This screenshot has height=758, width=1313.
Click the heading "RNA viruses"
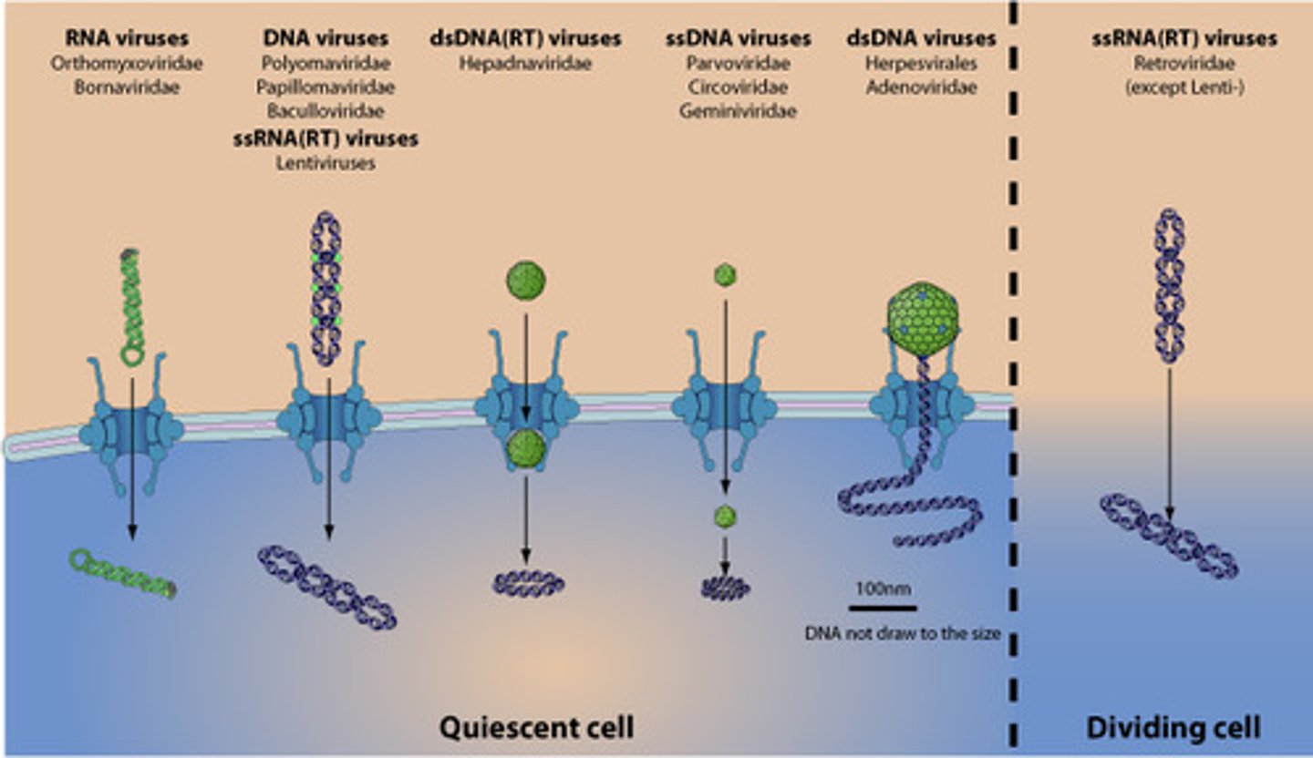click(x=127, y=38)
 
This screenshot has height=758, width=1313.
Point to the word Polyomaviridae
click(x=326, y=64)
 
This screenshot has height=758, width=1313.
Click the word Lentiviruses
click(x=326, y=163)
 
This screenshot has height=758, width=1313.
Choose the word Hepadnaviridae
click(x=526, y=64)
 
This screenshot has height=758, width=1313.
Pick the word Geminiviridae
click(x=738, y=111)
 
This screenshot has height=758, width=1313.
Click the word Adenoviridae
click(x=921, y=87)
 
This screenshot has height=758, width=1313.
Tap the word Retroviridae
click(x=1184, y=64)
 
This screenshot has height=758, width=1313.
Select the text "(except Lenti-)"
click(x=1184, y=87)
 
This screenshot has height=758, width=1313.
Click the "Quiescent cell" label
click(x=536, y=727)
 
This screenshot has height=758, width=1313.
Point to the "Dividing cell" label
click(x=1173, y=727)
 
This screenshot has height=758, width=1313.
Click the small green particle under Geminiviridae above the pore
click(x=725, y=274)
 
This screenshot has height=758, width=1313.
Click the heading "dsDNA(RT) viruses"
click(x=526, y=38)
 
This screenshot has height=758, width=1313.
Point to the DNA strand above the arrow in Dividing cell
click(x=1170, y=286)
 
